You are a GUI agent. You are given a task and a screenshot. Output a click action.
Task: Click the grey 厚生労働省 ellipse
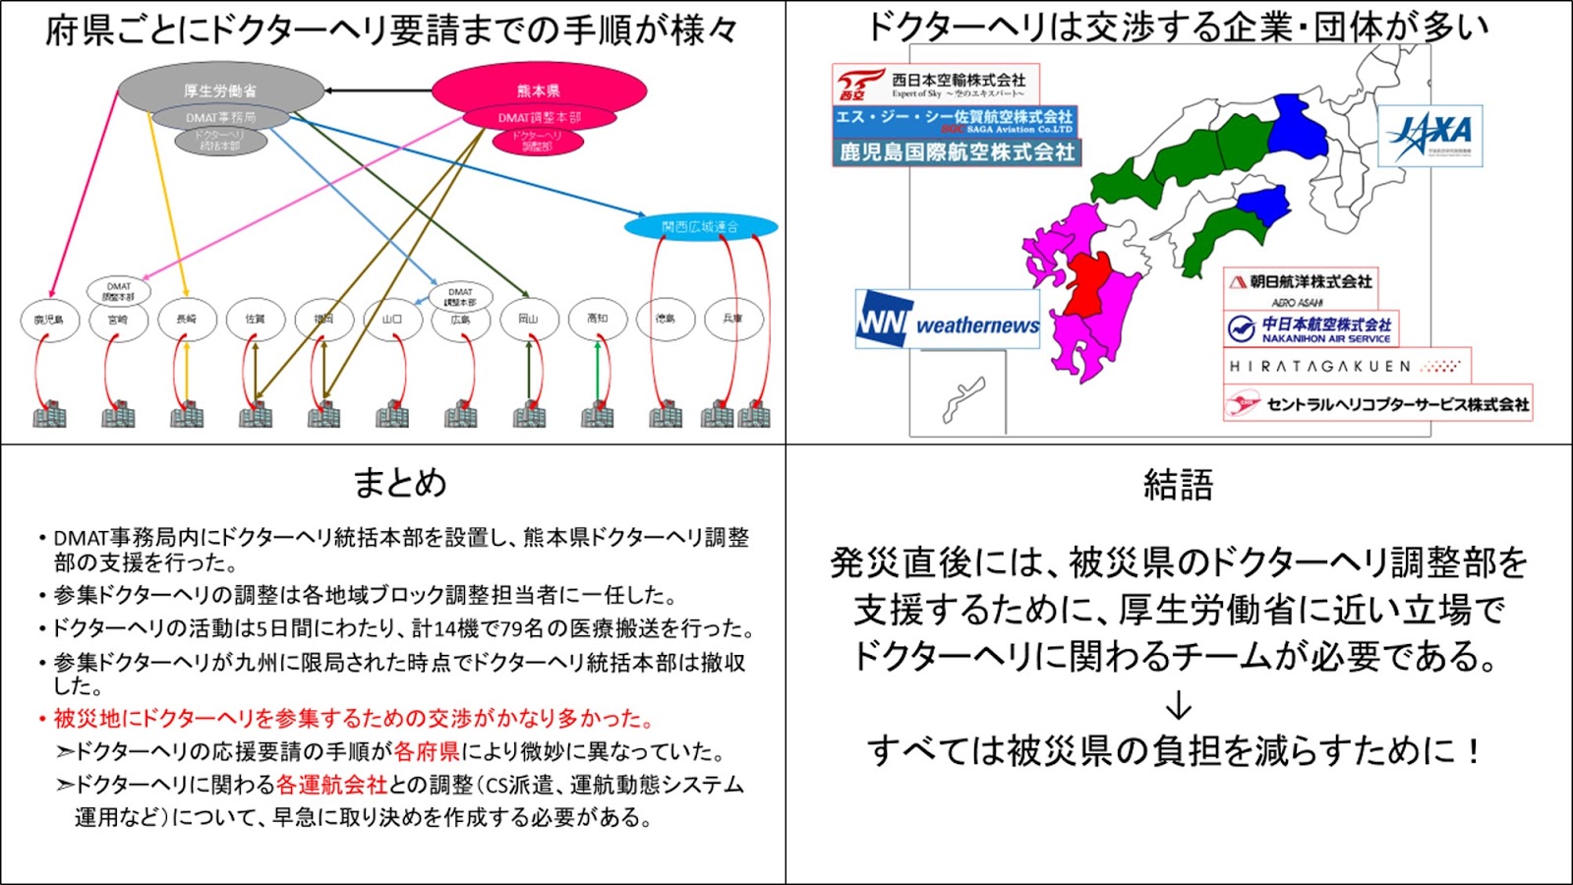tap(220, 88)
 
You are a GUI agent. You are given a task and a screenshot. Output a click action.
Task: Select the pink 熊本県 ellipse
tap(539, 89)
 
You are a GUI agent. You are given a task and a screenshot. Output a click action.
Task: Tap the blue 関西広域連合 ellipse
tap(700, 227)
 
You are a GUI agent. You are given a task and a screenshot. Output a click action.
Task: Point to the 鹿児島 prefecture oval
tap(49, 320)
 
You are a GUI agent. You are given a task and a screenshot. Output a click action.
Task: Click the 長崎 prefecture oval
tap(186, 320)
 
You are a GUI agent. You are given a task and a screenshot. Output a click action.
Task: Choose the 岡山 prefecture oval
tap(529, 320)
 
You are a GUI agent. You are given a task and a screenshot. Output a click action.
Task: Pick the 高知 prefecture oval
tap(597, 320)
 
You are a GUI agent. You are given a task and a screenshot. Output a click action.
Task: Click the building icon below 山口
tap(392, 414)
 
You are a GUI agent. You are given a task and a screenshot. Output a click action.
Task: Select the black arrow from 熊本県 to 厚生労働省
tap(378, 90)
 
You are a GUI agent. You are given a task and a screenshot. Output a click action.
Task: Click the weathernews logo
tap(947, 320)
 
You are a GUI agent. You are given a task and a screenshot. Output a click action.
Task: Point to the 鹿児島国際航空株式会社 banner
tap(957, 152)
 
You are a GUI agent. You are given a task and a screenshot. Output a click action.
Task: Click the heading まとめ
tap(399, 483)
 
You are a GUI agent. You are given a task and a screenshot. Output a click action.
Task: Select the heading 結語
tap(1178, 485)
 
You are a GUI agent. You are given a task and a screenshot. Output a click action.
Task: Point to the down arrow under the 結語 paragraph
tap(1178, 706)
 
